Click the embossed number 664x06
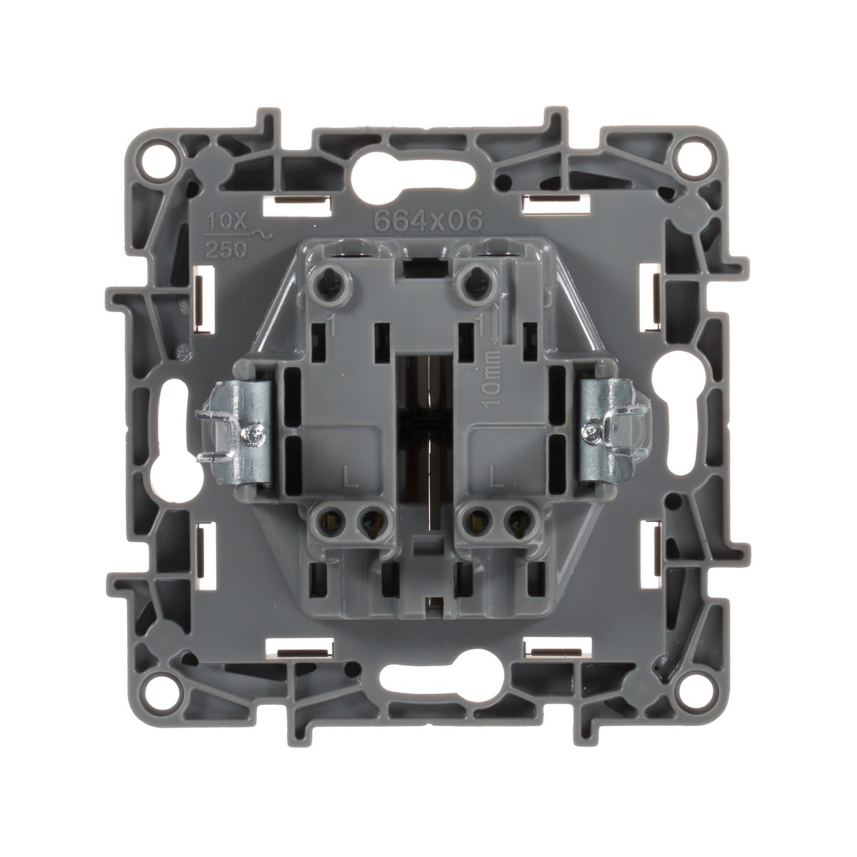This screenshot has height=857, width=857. [428, 220]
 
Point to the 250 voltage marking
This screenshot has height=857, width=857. [226, 251]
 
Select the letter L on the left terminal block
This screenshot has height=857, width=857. [351, 482]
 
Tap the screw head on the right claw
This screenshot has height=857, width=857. [592, 431]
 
